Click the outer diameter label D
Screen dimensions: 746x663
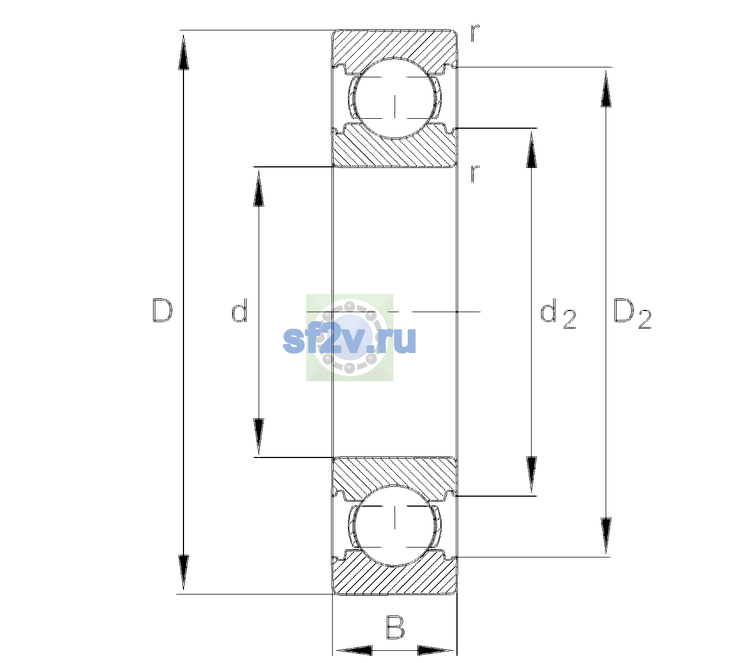point(162,311)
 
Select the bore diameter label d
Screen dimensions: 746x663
point(239,311)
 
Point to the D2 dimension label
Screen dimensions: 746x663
point(632,314)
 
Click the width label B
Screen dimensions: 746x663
point(395,627)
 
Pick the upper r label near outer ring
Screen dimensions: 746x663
point(475,33)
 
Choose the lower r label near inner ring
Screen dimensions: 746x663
point(475,173)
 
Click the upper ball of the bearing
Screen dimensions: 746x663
point(395,98)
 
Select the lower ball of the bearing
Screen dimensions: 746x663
point(395,525)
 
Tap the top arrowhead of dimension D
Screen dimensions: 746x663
point(183,51)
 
